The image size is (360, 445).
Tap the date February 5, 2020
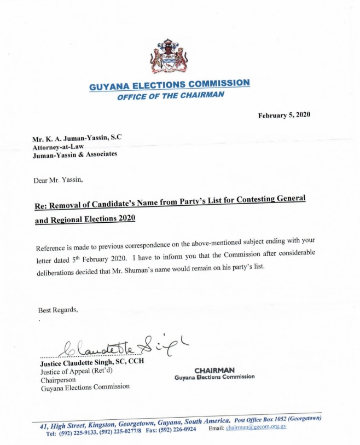click(284, 115)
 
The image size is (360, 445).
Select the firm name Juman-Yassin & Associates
click(74, 155)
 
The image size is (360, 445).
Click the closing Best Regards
click(58, 310)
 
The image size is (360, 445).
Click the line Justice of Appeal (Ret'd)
click(72, 371)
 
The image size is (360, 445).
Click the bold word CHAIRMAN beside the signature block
click(214, 370)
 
